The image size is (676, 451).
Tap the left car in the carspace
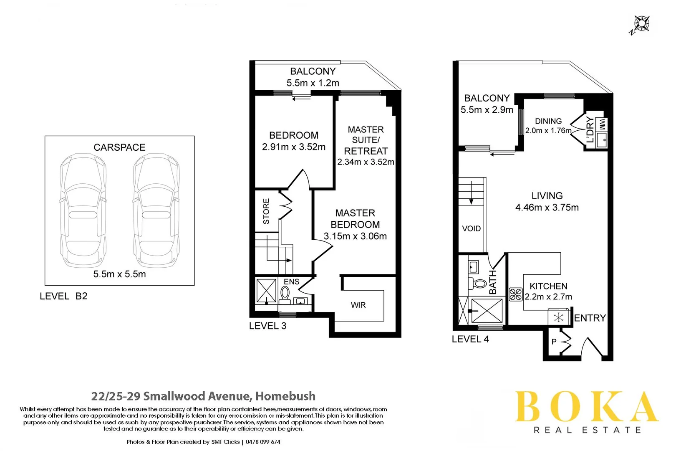[x=83, y=211]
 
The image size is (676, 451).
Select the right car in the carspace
[x=156, y=211]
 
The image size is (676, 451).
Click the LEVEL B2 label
[x=63, y=296]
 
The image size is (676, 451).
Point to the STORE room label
[x=266, y=211]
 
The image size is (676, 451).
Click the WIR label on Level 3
[x=358, y=305]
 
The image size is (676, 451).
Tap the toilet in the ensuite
[x=285, y=294]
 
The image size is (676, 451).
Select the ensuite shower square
[x=266, y=291]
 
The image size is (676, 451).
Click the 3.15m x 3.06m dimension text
[x=355, y=236]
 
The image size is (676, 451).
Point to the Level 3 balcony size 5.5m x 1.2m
[x=313, y=83]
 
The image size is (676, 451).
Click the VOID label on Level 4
[x=471, y=228]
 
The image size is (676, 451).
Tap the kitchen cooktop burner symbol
[x=516, y=294]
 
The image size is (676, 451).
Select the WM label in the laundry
[x=602, y=124]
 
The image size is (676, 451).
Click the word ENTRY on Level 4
[x=590, y=318]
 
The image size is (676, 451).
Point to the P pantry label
[x=554, y=342]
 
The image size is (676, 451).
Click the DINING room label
[x=548, y=121]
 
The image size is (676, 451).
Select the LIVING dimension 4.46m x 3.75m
[x=547, y=208]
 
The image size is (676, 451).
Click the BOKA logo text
[x=586, y=407]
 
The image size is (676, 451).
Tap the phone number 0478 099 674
[x=263, y=442]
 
